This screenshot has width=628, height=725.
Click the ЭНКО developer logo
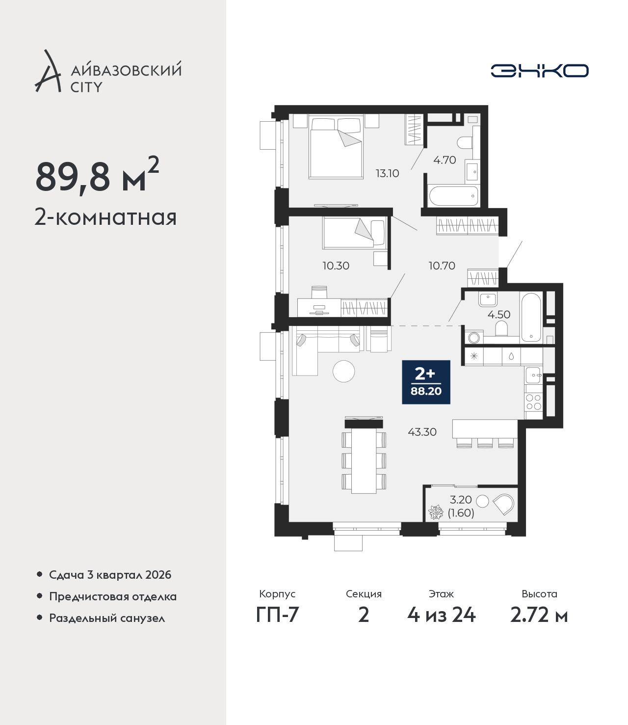point(539,71)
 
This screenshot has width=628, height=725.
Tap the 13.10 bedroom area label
point(388,173)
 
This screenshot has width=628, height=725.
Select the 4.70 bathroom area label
point(445,160)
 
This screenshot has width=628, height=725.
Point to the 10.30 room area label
point(336,266)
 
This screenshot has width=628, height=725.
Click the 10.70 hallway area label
point(442,266)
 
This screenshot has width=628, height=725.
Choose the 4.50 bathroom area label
point(499,314)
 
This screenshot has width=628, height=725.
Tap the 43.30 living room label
point(422,432)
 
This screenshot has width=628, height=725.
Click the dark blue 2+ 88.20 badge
point(426,382)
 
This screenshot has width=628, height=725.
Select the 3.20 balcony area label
point(461,499)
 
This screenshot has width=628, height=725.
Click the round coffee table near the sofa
point(343,371)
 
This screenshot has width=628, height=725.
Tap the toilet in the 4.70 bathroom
point(465,143)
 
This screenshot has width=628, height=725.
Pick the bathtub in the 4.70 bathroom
point(454,196)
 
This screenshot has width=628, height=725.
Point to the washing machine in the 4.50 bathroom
point(474,338)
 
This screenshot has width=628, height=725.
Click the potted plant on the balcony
point(436,512)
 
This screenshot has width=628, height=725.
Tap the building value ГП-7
point(277,615)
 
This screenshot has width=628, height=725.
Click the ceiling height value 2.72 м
point(539,615)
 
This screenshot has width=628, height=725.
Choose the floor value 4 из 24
point(442,615)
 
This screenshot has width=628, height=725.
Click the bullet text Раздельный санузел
point(107,618)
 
